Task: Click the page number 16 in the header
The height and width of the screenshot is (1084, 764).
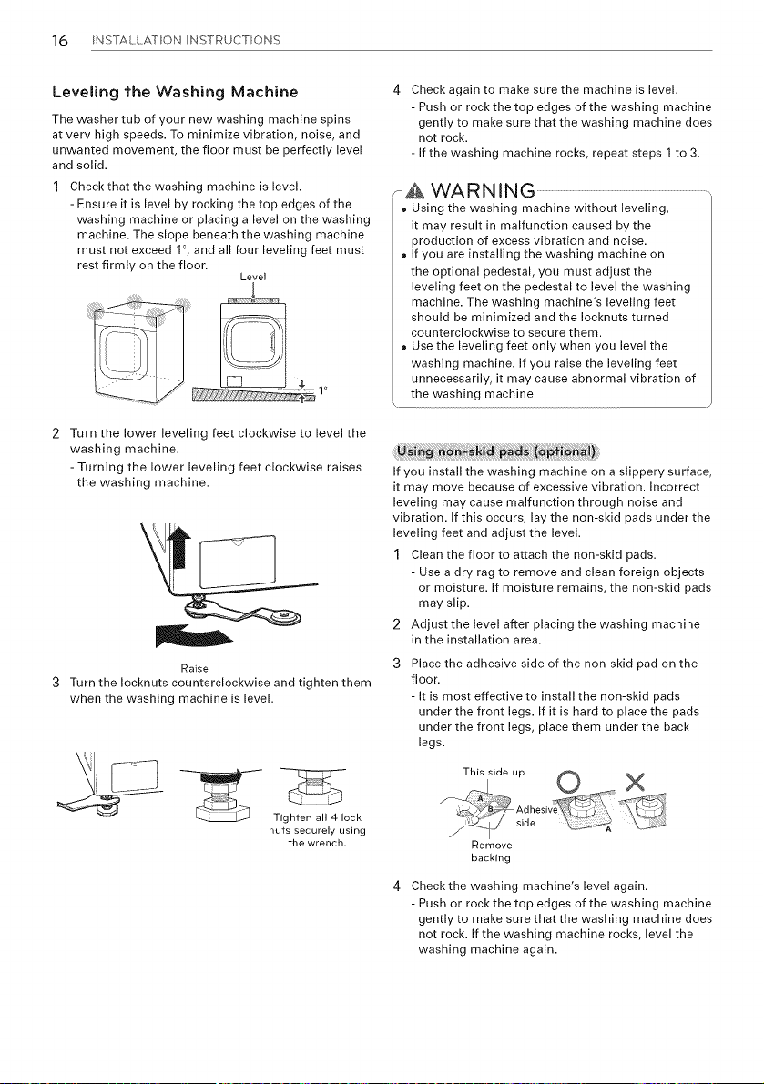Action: [x=60, y=40]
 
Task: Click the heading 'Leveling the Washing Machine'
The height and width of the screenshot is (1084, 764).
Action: [x=176, y=92]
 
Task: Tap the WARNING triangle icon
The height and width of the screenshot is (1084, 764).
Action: [x=414, y=192]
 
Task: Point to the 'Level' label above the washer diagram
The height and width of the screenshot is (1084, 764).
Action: [x=253, y=278]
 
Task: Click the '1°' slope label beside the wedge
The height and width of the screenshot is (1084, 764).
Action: [x=321, y=390]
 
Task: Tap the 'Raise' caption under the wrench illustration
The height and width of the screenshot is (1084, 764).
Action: [x=194, y=669]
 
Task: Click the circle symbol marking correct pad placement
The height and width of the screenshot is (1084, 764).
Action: [x=567, y=782]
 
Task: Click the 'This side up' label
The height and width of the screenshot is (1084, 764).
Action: [x=494, y=772]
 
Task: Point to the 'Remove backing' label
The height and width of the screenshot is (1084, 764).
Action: [x=491, y=852]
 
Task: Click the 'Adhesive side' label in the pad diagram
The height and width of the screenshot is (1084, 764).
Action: [x=535, y=816]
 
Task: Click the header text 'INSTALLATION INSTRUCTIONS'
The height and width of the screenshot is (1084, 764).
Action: [x=186, y=40]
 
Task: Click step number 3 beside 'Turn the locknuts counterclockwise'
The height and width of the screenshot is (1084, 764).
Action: [x=56, y=684]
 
